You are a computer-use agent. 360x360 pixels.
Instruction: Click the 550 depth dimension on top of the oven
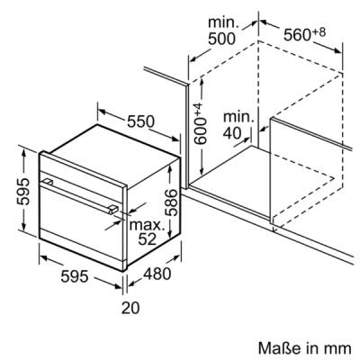(140, 121)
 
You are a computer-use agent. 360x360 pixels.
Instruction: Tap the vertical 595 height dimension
(23, 192)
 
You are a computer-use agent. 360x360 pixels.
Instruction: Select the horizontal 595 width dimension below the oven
(75, 276)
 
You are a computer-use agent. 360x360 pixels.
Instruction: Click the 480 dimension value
(157, 274)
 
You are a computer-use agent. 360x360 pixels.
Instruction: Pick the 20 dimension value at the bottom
(130, 308)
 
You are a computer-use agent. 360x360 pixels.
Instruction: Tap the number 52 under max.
(148, 238)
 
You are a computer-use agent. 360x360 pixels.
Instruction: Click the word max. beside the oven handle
(148, 225)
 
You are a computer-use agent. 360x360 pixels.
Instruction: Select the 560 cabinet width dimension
(297, 35)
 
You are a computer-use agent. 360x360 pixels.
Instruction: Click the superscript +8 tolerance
(319, 31)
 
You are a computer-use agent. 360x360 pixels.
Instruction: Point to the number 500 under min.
(221, 39)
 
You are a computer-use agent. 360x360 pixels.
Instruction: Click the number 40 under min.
(232, 133)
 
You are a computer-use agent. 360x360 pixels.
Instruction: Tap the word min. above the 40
(238, 117)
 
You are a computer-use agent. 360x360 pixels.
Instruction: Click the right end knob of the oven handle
(113, 210)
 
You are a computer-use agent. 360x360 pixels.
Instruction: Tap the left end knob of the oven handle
(48, 182)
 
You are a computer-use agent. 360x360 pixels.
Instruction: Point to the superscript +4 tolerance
(200, 110)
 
